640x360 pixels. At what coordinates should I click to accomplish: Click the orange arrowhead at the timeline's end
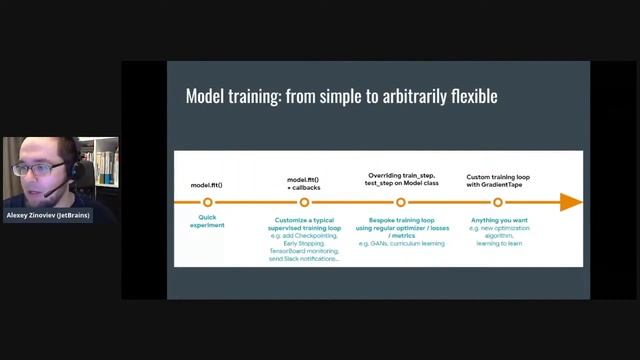(x=571, y=202)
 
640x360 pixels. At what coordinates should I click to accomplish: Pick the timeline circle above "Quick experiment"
(x=208, y=202)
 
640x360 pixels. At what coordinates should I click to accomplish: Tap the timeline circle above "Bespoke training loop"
(x=400, y=202)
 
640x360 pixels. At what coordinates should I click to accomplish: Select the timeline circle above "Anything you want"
(x=498, y=202)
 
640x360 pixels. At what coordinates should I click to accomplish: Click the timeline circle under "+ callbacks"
(x=304, y=202)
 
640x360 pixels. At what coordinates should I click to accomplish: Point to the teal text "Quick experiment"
(x=208, y=221)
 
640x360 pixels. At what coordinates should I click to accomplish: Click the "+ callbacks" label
(x=304, y=186)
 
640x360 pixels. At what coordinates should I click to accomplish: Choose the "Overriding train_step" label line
(x=400, y=177)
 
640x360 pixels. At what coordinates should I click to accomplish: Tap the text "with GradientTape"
(x=498, y=186)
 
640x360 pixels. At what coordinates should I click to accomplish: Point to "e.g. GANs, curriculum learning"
(x=400, y=243)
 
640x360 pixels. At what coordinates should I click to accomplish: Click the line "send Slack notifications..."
(x=304, y=258)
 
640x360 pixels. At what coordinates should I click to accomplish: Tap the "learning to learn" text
(x=498, y=243)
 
